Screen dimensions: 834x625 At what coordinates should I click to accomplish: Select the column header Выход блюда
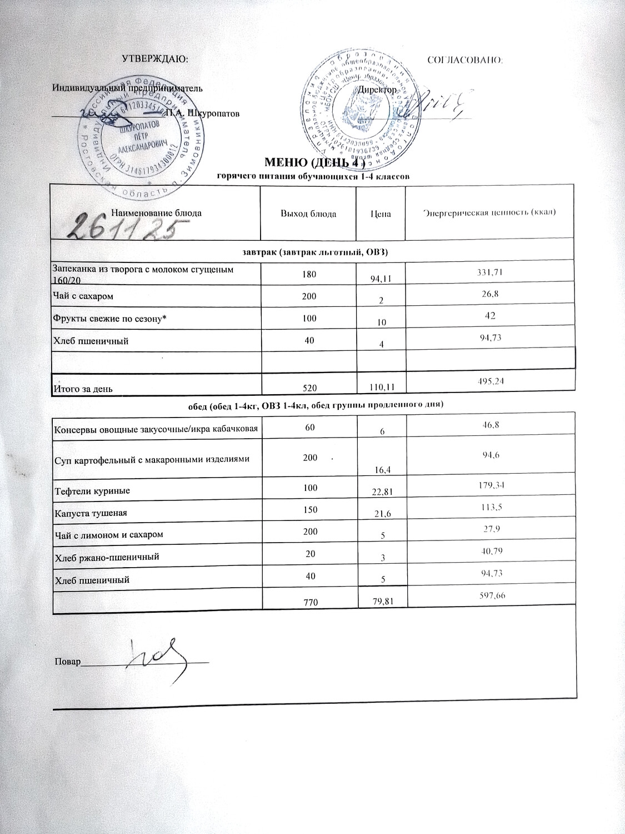pyautogui.click(x=308, y=214)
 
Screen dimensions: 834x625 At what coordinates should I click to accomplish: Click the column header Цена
pyautogui.click(x=381, y=214)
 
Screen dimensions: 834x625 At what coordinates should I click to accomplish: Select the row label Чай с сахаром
pyautogui.click(x=83, y=296)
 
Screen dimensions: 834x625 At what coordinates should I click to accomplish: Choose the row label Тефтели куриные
pyautogui.click(x=92, y=492)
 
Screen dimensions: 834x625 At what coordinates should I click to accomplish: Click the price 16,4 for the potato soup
pyautogui.click(x=381, y=470)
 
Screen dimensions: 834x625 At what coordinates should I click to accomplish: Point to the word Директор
pyautogui.click(x=378, y=90)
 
